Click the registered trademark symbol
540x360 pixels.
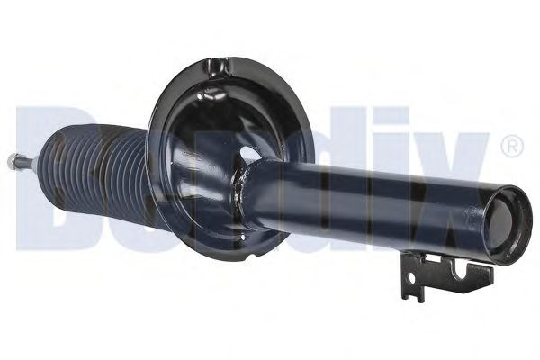(510, 145)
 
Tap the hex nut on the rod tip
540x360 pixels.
(13, 161)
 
